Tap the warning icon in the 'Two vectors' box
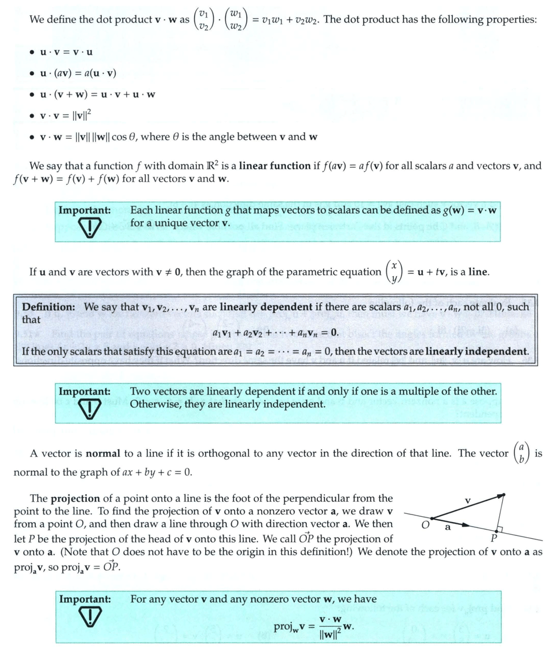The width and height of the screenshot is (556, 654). pos(91,408)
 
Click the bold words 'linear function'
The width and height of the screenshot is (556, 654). pos(275,166)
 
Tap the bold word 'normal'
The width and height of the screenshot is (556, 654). pos(103,454)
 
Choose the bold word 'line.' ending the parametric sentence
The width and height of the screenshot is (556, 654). pos(478,272)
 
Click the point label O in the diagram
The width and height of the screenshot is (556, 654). pos(426,525)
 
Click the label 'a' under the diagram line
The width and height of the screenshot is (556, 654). pos(447,527)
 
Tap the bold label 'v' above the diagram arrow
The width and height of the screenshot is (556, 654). pos(468,499)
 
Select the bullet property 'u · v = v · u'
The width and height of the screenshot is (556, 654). pos(66,53)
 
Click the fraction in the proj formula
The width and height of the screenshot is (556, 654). pos(328,626)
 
